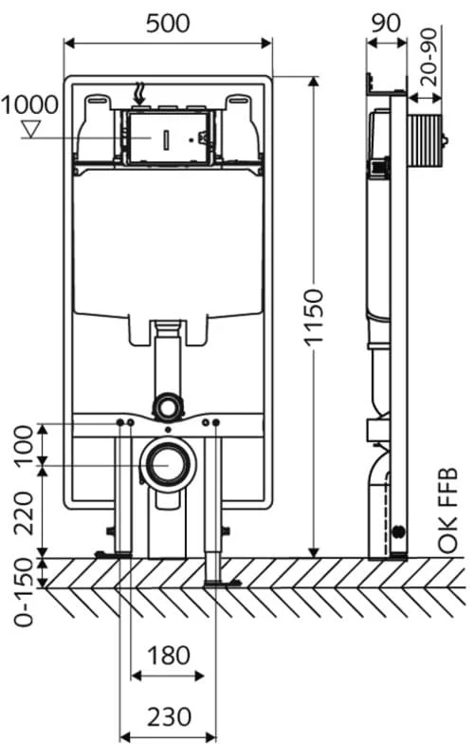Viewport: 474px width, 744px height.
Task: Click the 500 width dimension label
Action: click(168, 23)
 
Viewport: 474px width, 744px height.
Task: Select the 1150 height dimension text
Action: click(313, 317)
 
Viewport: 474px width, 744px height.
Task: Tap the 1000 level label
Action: click(29, 104)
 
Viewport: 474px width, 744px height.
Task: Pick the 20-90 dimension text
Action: click(428, 57)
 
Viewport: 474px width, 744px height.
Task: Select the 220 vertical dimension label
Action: click(24, 512)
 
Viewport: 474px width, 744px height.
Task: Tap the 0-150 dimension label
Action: click(24, 592)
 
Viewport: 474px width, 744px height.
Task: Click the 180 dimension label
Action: click(169, 656)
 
